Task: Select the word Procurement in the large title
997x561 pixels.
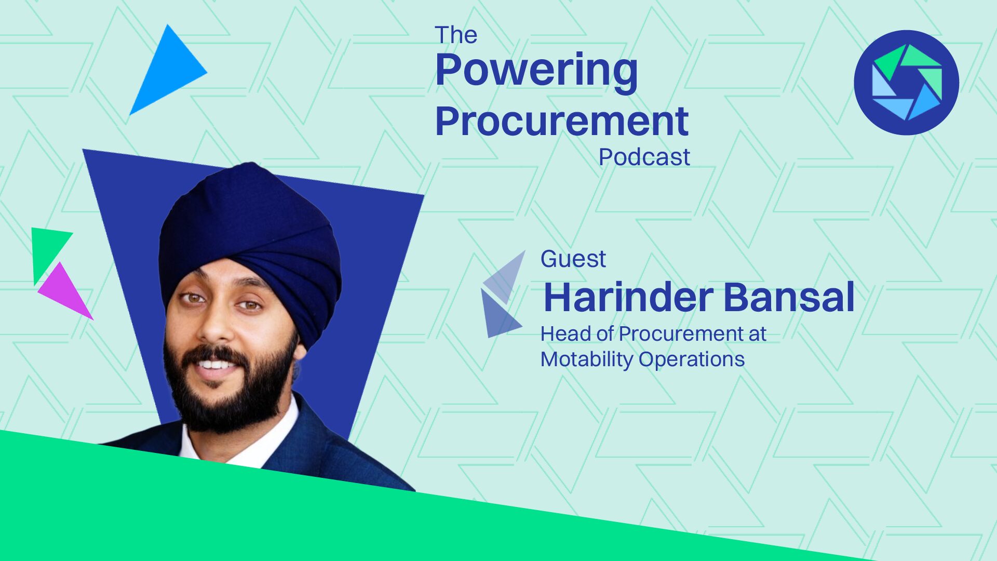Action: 562,122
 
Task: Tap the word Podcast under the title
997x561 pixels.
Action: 644,157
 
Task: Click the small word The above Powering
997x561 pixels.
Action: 456,35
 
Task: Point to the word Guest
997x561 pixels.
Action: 573,259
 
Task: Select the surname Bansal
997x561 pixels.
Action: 789,297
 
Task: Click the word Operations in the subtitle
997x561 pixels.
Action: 692,359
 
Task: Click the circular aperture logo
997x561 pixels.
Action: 906,83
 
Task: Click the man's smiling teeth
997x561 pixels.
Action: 217,364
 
